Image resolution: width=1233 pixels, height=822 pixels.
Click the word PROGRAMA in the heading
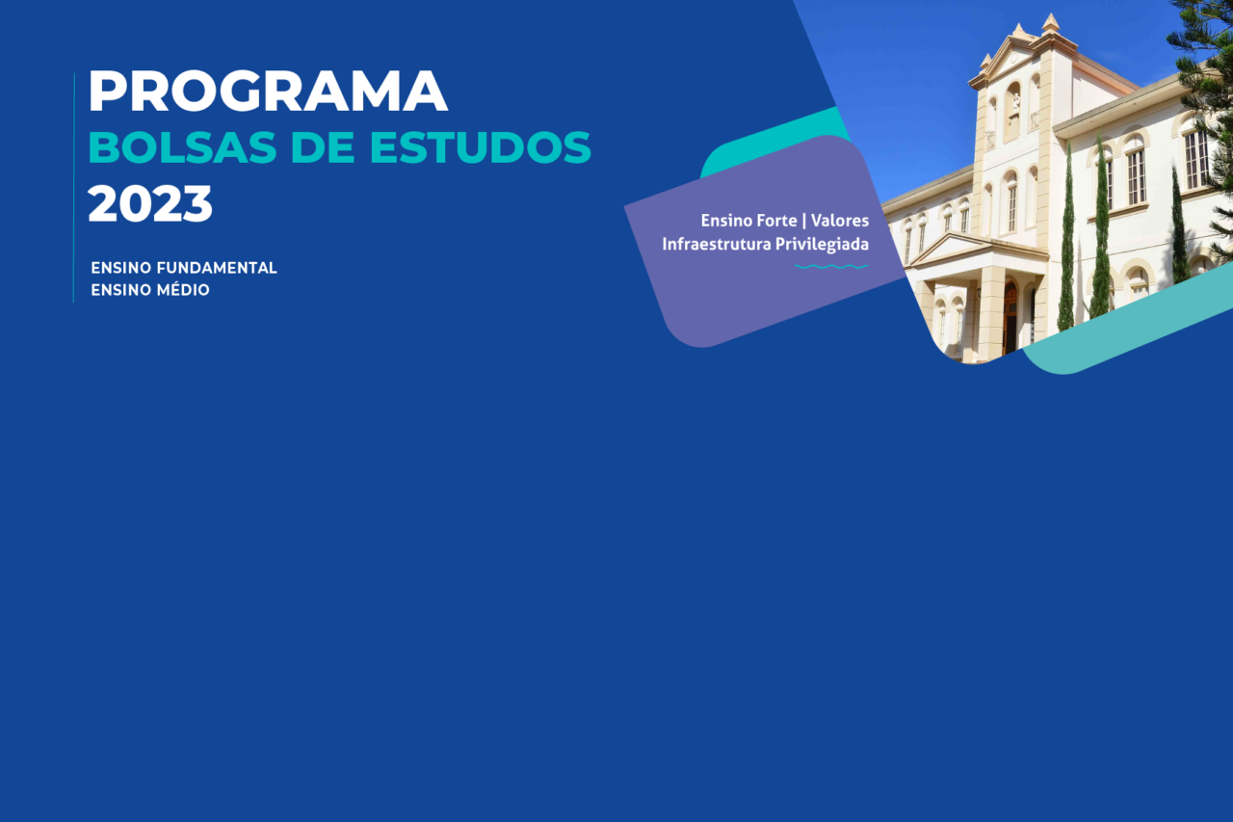[268, 91]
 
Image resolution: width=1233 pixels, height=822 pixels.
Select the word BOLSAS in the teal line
[182, 147]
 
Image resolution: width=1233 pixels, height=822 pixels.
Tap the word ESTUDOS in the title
[480, 147]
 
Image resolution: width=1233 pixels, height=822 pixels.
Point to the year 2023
[149, 203]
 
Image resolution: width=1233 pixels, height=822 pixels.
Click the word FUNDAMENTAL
[217, 268]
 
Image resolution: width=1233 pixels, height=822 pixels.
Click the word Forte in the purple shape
[776, 221]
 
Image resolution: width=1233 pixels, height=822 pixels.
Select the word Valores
[840, 221]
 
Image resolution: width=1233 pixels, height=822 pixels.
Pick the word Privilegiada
[816, 245]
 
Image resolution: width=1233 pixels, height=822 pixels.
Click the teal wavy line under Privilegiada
[831, 267]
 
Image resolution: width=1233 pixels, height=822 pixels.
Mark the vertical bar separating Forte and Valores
[804, 221]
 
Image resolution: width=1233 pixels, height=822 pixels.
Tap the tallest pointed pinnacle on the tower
[1050, 22]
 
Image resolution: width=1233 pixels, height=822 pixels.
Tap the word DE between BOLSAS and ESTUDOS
[323, 147]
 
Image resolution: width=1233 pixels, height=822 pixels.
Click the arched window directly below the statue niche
[1010, 200]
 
